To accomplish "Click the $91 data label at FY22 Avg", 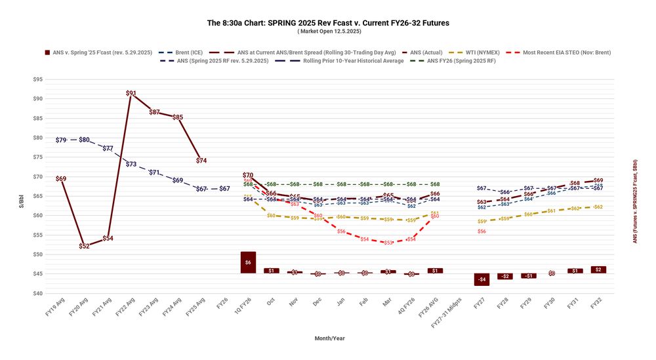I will click(131, 94).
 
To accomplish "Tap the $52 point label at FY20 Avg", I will click(84, 246).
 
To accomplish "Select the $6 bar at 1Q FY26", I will click(248, 262).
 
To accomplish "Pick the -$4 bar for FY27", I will click(482, 279).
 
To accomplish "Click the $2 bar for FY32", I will click(598, 270).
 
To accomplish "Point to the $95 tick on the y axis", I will click(37, 79).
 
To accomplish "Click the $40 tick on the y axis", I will click(37, 293).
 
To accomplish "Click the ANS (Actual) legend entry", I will click(425, 52).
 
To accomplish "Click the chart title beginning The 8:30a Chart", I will click(328, 23).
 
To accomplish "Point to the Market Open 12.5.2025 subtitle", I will click(328, 31).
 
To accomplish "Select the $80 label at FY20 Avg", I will click(84, 140).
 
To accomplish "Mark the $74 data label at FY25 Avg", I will click(201, 161).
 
